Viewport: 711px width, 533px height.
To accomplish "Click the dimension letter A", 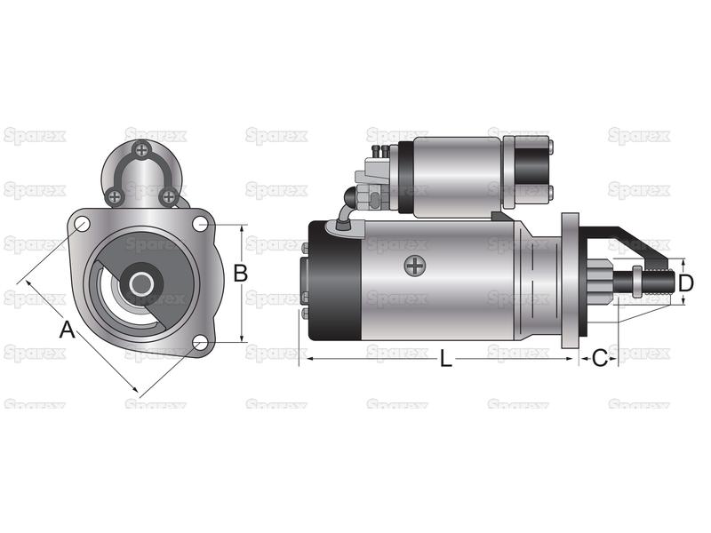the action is tap(68, 330).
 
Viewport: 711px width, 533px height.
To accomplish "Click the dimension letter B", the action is tap(240, 274).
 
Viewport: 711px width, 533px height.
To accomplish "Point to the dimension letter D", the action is tap(686, 283).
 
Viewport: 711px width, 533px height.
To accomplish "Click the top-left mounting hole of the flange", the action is tap(82, 225).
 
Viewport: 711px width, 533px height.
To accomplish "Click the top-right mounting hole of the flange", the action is tap(201, 224).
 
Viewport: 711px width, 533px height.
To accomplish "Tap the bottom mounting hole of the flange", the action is tap(199, 343).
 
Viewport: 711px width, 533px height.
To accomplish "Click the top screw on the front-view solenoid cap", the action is tap(142, 149).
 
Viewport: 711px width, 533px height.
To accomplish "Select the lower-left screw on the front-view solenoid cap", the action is tap(116, 196).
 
